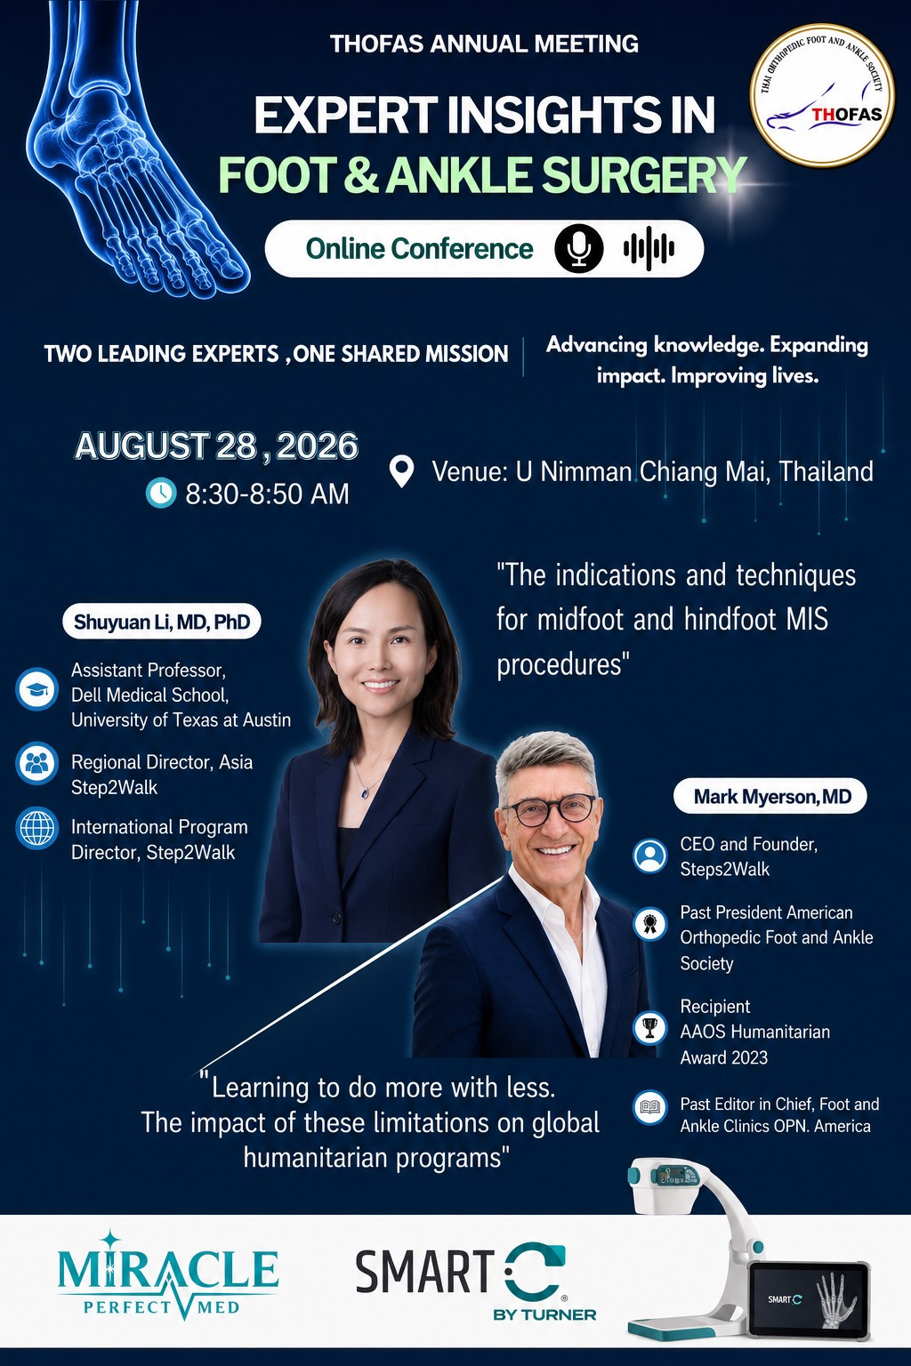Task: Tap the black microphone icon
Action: (578, 248)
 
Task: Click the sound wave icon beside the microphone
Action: (649, 248)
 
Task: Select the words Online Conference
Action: (419, 249)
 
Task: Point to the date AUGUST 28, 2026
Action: (216, 446)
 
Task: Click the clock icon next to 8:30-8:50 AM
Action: (161, 493)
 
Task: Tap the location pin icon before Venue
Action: (401, 472)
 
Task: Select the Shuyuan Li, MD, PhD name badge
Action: (162, 622)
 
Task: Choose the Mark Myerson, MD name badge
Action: (770, 796)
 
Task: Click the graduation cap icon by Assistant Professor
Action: (36, 689)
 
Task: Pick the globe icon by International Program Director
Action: (36, 828)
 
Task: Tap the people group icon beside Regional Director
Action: (36, 762)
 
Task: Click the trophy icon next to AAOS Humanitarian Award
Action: (649, 1028)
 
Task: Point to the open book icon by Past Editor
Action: (649, 1107)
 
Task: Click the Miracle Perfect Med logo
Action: (168, 1275)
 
